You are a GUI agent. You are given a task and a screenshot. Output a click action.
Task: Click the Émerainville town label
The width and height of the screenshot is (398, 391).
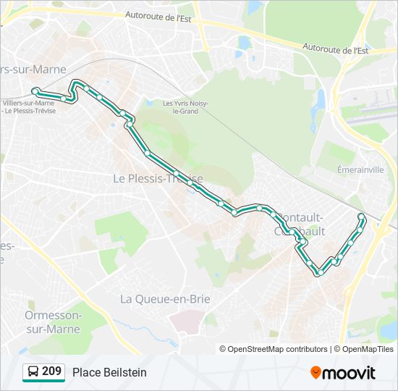point(360,169)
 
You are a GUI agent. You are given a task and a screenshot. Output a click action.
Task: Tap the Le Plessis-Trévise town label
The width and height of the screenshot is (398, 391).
point(158,178)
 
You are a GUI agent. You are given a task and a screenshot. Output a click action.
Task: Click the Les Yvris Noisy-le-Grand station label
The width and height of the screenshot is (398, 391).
point(185,106)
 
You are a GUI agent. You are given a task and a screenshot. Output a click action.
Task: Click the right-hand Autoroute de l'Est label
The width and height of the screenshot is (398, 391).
point(336,50)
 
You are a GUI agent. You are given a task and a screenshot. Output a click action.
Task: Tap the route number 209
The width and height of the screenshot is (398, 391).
point(51,371)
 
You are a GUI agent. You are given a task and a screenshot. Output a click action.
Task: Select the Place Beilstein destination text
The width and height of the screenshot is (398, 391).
point(109,372)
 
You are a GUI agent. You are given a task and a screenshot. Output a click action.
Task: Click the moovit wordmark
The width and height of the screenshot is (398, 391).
point(350,373)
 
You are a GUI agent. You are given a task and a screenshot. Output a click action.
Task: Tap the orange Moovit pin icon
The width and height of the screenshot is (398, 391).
point(316,372)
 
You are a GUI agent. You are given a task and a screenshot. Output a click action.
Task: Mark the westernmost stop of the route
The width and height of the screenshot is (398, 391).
point(35,91)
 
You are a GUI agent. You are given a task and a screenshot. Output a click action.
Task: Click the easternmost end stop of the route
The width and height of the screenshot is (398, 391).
point(362,216)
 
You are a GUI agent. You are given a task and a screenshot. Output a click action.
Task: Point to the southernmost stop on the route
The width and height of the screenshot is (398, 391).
point(318,273)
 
